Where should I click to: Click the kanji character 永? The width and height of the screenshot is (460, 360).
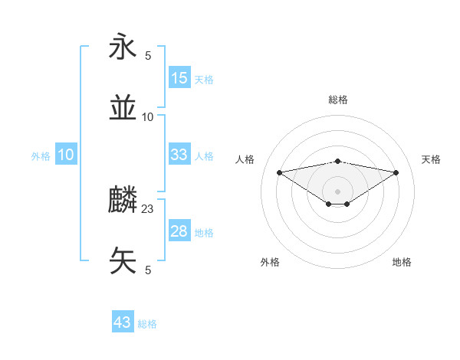(123, 47)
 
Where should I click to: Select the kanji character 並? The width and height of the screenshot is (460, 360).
(123, 108)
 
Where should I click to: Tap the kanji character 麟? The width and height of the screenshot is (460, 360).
(123, 201)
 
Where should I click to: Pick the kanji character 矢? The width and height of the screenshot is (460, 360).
(123, 260)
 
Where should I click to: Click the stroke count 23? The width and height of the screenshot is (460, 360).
(148, 208)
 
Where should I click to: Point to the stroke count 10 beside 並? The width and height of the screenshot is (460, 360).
(148, 116)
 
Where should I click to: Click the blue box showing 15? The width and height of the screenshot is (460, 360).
(179, 78)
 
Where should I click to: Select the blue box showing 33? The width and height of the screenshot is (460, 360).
(179, 155)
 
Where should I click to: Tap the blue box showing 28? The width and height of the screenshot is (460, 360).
(179, 231)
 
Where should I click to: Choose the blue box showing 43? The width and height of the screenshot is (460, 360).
(123, 322)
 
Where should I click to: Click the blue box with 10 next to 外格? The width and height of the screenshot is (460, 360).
(66, 155)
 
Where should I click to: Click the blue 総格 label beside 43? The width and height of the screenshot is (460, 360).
(147, 324)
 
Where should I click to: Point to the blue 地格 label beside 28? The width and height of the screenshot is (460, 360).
(204, 233)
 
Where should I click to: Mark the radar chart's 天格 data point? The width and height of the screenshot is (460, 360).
(396, 172)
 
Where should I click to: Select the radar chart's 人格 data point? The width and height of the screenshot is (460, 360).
(279, 172)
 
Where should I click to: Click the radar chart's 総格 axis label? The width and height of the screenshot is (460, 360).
(337, 100)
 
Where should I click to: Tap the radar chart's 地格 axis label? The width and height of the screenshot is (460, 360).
(402, 262)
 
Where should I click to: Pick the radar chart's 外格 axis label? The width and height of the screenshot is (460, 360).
(270, 262)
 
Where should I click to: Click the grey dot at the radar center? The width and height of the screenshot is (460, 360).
(337, 191)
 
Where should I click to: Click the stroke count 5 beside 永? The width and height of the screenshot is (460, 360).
(148, 55)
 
